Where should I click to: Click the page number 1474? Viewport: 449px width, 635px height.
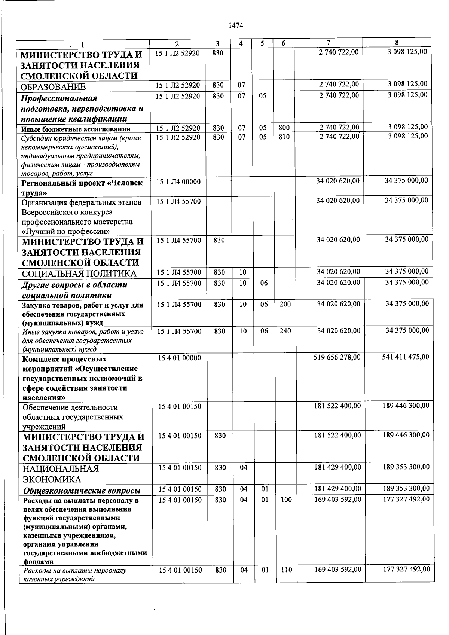[x=236, y=25]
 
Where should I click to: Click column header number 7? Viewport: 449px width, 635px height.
[x=328, y=43]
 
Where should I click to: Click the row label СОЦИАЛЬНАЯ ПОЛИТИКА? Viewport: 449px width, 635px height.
[x=79, y=274]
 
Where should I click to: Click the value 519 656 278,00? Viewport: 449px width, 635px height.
[x=337, y=357]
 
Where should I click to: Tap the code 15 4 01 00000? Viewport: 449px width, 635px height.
[x=180, y=358]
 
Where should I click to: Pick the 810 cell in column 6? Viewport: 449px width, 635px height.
[x=284, y=137]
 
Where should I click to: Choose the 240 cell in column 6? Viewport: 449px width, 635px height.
[x=285, y=331]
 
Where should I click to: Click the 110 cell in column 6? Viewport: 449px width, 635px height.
[x=286, y=570]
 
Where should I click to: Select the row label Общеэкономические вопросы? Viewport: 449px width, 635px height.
[x=82, y=491]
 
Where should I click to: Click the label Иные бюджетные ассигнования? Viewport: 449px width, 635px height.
[x=76, y=129]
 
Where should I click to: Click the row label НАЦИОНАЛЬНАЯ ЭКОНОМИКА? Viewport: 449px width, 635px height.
[x=61, y=474]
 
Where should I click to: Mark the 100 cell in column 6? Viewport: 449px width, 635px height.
[x=286, y=500]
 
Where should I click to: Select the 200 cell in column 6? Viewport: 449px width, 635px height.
[x=285, y=304]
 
